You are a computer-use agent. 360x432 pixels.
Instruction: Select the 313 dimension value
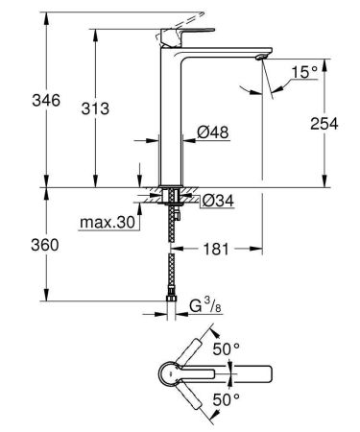[71, 109]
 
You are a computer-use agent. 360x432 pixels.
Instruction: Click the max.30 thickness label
[107, 224]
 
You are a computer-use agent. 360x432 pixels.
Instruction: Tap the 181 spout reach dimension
[214, 252]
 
